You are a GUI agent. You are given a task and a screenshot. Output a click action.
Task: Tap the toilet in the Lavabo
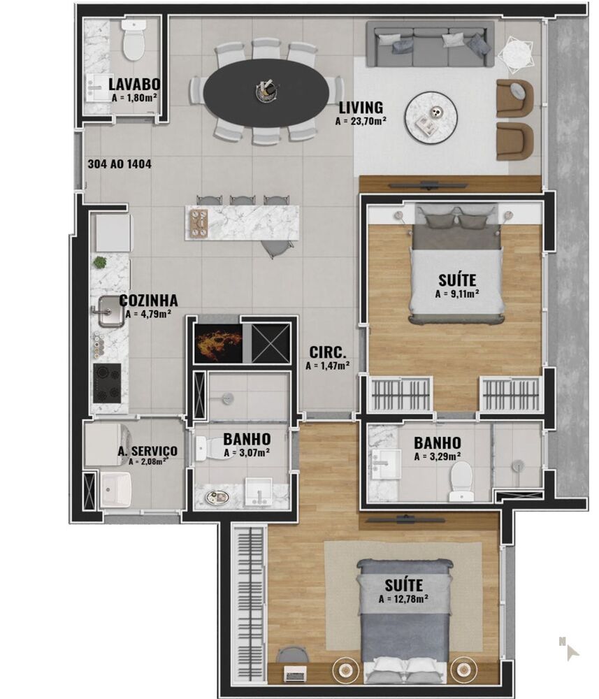coord(132,41)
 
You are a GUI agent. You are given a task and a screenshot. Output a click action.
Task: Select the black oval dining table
coord(268,92)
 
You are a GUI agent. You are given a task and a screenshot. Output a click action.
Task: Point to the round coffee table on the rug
coord(432,117)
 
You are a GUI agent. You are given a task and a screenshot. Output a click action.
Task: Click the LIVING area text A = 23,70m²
coord(361,121)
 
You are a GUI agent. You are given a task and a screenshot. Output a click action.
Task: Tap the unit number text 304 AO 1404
coord(120,165)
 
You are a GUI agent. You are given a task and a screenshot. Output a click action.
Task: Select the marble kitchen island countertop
coord(242,222)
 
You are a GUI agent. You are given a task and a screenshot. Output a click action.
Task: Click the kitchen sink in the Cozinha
coord(109,312)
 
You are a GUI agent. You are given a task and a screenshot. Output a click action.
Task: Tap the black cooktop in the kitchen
coord(107,382)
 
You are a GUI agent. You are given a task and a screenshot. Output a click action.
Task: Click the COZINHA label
coord(148,301)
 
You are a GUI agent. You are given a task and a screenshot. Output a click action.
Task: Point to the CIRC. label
coord(327,352)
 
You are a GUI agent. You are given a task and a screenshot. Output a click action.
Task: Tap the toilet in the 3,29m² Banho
coord(462,481)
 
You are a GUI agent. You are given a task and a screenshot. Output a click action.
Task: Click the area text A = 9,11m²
coord(456,294)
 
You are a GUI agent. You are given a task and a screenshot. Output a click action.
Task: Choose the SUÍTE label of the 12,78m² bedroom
coord(403,584)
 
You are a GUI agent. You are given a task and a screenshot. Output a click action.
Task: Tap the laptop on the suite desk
coord(294,675)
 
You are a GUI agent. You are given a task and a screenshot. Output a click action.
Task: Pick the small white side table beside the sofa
coord(516,53)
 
